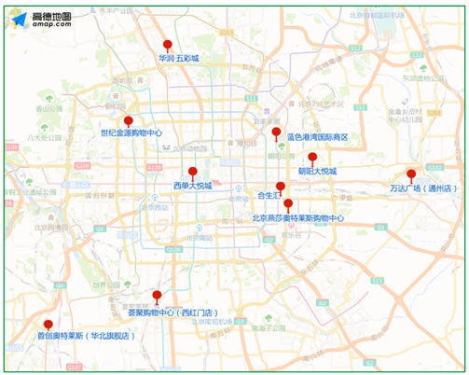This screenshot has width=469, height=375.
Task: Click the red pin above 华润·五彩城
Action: (168, 44)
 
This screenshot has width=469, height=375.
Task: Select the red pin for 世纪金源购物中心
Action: (129, 120)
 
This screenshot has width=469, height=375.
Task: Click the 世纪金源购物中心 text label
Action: (131, 133)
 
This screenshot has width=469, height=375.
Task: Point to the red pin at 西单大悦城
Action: (192, 172)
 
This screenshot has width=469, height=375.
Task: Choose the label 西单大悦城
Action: (192, 185)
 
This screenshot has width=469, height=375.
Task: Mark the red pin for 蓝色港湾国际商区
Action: (276, 132)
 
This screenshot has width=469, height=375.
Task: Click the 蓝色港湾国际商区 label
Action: (317, 137)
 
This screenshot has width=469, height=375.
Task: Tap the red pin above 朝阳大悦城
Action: (312, 158)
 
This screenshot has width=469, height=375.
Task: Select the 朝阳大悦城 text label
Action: (316, 172)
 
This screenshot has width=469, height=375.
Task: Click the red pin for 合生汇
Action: (281, 187)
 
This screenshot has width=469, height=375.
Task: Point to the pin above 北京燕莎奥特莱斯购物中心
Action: (288, 203)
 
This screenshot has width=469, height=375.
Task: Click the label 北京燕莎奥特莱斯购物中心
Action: (298, 218)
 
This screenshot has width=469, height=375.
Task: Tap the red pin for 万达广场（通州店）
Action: (411, 174)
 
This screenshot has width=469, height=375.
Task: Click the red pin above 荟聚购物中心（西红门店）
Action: (157, 296)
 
